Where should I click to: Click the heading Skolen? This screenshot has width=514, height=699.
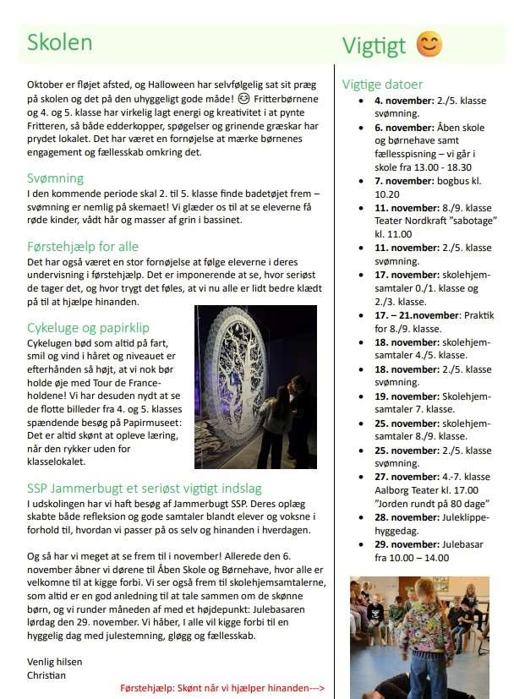[x=59, y=42]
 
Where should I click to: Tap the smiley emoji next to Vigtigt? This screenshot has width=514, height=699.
[x=429, y=45]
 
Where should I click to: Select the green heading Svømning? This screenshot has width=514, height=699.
[x=55, y=178]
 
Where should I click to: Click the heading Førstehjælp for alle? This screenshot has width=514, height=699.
[x=83, y=247]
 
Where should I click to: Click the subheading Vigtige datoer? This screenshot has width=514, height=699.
[x=382, y=85]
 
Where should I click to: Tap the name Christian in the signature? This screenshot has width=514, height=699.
[x=46, y=675]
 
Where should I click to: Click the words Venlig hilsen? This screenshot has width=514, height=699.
[x=54, y=662]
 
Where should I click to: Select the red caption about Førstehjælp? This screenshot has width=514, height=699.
[x=222, y=688]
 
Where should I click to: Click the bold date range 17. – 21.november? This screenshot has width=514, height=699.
[x=415, y=315]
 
